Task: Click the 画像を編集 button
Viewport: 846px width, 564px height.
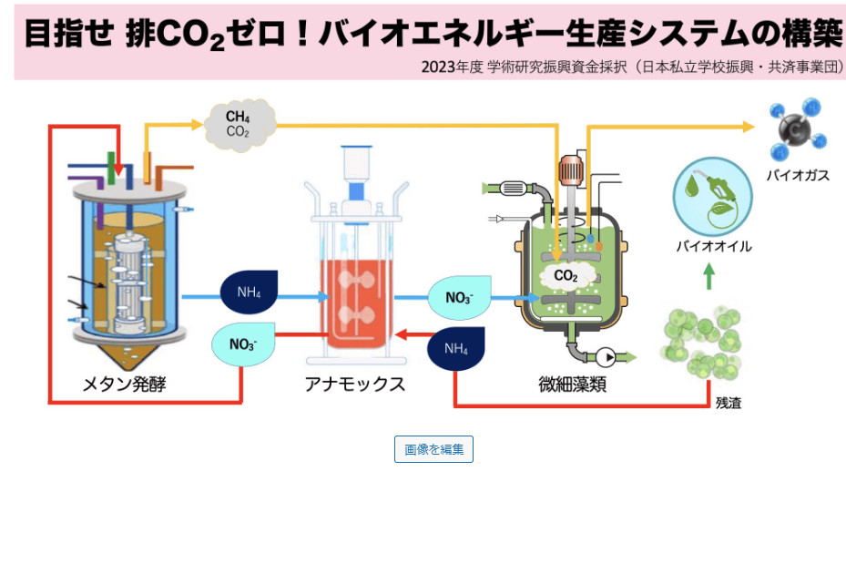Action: point(433,449)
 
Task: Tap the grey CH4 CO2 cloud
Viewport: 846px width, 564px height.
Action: point(239,123)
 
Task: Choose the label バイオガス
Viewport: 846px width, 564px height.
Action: point(798,175)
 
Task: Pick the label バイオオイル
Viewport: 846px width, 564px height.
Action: point(713,246)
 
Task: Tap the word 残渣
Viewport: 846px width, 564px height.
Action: point(728,402)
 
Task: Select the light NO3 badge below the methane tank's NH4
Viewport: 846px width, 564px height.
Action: point(242,344)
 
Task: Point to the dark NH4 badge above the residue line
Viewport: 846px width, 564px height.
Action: point(456,347)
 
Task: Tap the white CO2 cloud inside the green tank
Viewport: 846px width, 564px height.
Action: point(566,275)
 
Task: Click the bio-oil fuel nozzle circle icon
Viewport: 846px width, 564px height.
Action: point(712,194)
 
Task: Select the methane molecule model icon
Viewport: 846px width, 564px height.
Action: point(794,130)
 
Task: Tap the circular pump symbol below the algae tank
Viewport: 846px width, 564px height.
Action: point(605,356)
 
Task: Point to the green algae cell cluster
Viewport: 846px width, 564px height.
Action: point(711,343)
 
